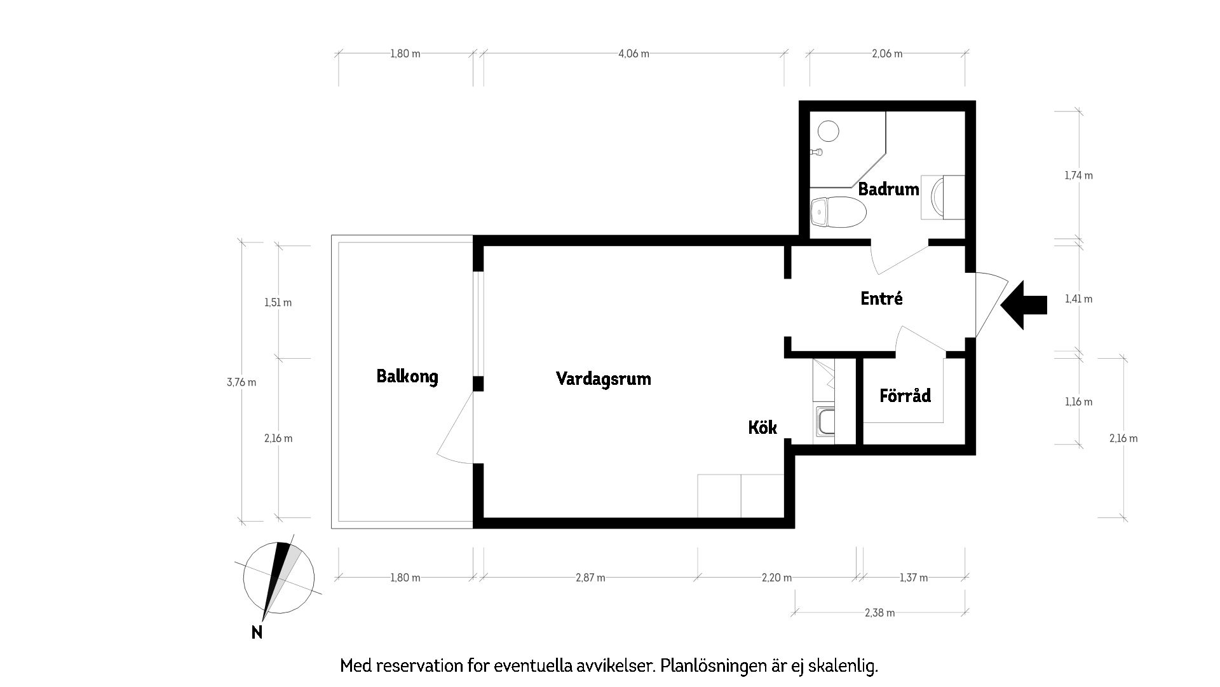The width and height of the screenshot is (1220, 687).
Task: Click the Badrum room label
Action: coord(888,189)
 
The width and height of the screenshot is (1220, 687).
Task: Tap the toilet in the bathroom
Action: coord(839,211)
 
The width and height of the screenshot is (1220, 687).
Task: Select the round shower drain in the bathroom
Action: coord(828,131)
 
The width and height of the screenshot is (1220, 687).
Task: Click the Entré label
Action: coord(881,298)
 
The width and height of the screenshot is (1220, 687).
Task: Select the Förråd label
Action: coord(905,396)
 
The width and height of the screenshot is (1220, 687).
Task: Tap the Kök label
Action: coord(762,427)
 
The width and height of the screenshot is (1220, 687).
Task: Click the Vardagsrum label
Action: coord(603,379)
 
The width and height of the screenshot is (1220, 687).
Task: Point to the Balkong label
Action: coord(407,377)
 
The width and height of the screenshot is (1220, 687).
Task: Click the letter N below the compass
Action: coord(257,632)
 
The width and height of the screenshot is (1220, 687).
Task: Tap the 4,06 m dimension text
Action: coord(634,54)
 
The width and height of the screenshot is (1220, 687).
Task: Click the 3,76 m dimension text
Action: coord(241,382)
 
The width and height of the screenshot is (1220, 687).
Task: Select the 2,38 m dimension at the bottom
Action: coord(879,613)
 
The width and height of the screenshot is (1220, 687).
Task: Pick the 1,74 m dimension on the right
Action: coord(1078,176)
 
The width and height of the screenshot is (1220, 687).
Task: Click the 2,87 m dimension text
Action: coord(590,578)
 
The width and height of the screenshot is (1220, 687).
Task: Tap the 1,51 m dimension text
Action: coord(278,303)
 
